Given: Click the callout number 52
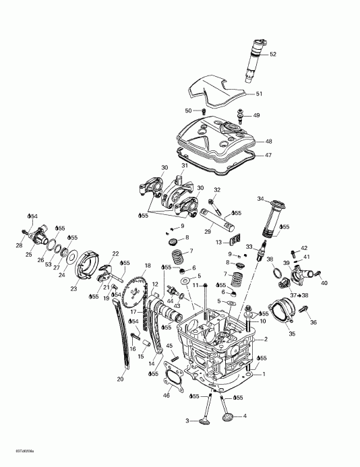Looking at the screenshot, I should (x=273, y=54).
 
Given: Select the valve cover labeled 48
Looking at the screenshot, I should (x=215, y=139).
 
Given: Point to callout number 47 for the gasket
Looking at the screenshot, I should (x=268, y=156).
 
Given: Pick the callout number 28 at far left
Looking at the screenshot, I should (x=20, y=246).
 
